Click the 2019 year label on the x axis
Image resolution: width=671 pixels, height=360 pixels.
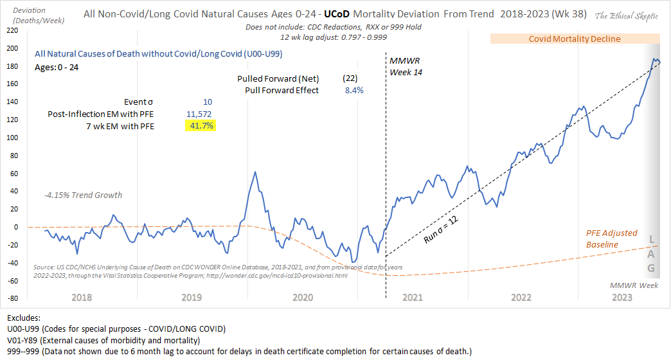[193, 298]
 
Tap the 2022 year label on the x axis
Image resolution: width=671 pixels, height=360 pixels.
[521, 298]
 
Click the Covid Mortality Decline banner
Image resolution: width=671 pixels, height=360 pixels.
[575, 39]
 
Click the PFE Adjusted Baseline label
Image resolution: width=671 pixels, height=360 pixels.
[611, 239]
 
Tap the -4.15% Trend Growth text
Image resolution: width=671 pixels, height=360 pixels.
[83, 195]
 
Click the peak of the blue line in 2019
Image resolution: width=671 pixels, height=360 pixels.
[255, 172]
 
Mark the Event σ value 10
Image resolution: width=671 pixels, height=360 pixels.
[207, 102]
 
